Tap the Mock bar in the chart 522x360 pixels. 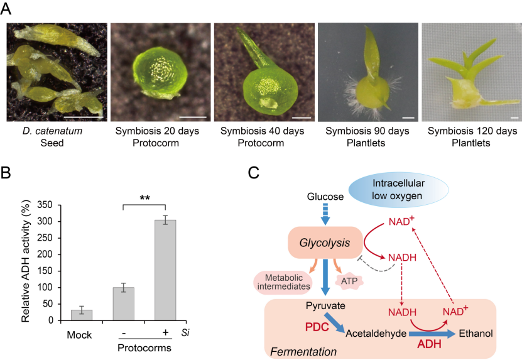82,314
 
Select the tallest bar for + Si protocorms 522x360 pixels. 165,270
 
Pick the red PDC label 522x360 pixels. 318,327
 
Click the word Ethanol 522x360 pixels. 475,334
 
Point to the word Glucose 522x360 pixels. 325,197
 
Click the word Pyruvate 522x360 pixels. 324,306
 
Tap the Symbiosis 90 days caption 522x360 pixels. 366,131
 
